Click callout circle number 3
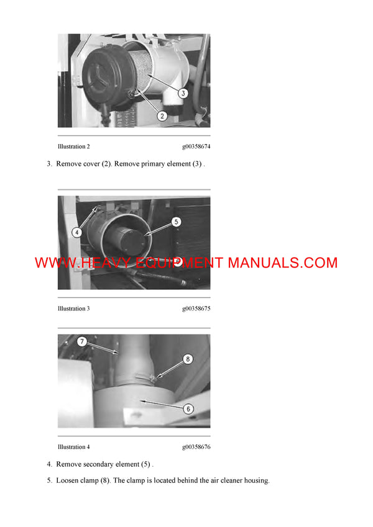[x=183, y=92]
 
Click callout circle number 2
[x=160, y=115]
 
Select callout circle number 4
[x=76, y=233]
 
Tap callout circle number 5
[x=176, y=221]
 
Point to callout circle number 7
[x=81, y=341]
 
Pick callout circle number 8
[x=188, y=358]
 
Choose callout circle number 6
[x=188, y=408]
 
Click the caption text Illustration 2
[x=73, y=146]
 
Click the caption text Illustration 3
[x=73, y=309]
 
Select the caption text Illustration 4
[x=73, y=447]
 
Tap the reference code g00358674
[x=196, y=146]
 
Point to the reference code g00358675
[x=196, y=309]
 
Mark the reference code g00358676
[x=196, y=447]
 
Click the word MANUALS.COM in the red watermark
[x=283, y=263]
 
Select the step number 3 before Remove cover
[x=49, y=164]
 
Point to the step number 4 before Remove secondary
[x=49, y=464]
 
